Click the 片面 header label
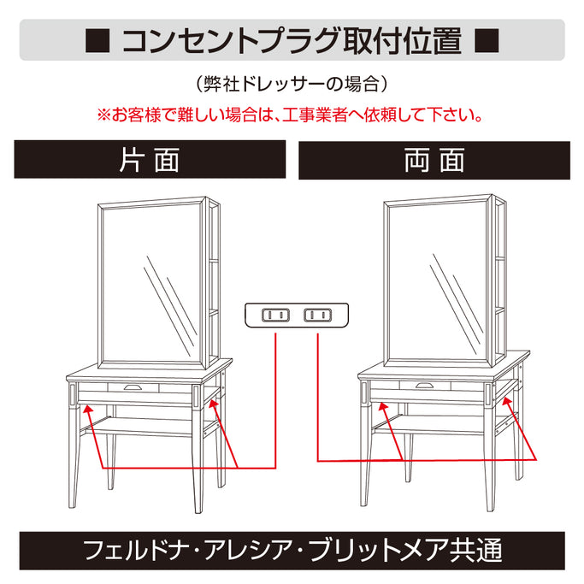(x=149, y=161)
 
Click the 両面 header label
(x=434, y=161)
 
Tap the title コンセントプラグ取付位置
(x=292, y=40)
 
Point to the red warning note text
(x=292, y=113)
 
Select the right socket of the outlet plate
(x=317, y=315)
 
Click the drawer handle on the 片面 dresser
(x=133, y=387)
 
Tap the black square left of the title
(x=97, y=41)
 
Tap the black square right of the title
(x=486, y=41)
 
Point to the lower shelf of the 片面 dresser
(x=145, y=422)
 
